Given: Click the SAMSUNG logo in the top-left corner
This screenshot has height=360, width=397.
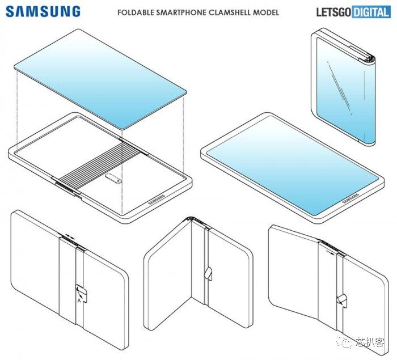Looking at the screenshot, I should [x=44, y=11].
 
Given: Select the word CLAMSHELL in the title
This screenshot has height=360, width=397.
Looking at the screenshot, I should [x=243, y=12].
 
